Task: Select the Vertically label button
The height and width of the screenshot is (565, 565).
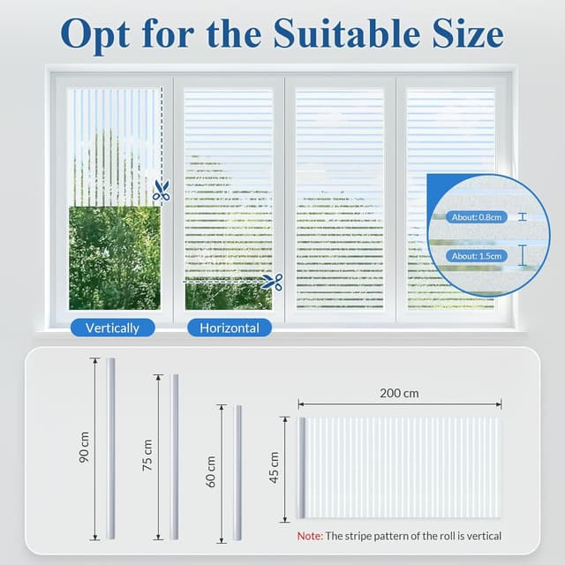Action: pyautogui.click(x=112, y=328)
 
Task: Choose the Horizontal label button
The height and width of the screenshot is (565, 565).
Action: pyautogui.click(x=229, y=328)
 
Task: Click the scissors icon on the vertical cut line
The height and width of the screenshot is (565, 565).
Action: pyautogui.click(x=161, y=190)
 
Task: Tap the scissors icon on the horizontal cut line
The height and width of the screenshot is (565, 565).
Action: pyautogui.click(x=272, y=282)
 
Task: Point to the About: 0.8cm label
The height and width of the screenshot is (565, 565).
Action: pyautogui.click(x=476, y=216)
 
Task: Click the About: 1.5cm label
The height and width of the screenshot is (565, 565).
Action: pyautogui.click(x=476, y=256)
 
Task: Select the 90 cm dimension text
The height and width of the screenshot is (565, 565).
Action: pyautogui.click(x=85, y=448)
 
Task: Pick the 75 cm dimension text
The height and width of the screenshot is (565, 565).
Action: pyautogui.click(x=147, y=456)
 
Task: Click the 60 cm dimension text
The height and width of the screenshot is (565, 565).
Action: pyautogui.click(x=211, y=472)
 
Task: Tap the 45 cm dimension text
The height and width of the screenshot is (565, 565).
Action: pyautogui.click(x=274, y=468)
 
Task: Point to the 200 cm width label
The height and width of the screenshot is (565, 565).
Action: pyautogui.click(x=399, y=392)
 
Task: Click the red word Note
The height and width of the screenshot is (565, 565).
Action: pyautogui.click(x=309, y=536)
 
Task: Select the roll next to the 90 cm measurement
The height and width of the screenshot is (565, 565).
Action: pyautogui.click(x=111, y=448)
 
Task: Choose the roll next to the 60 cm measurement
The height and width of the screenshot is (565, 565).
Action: pyautogui.click(x=237, y=472)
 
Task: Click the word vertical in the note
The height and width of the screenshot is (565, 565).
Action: pyautogui.click(x=482, y=536)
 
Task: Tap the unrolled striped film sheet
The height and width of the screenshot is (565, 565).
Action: pyautogui.click(x=403, y=467)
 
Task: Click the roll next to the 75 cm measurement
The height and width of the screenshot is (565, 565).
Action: pyautogui.click(x=174, y=456)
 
